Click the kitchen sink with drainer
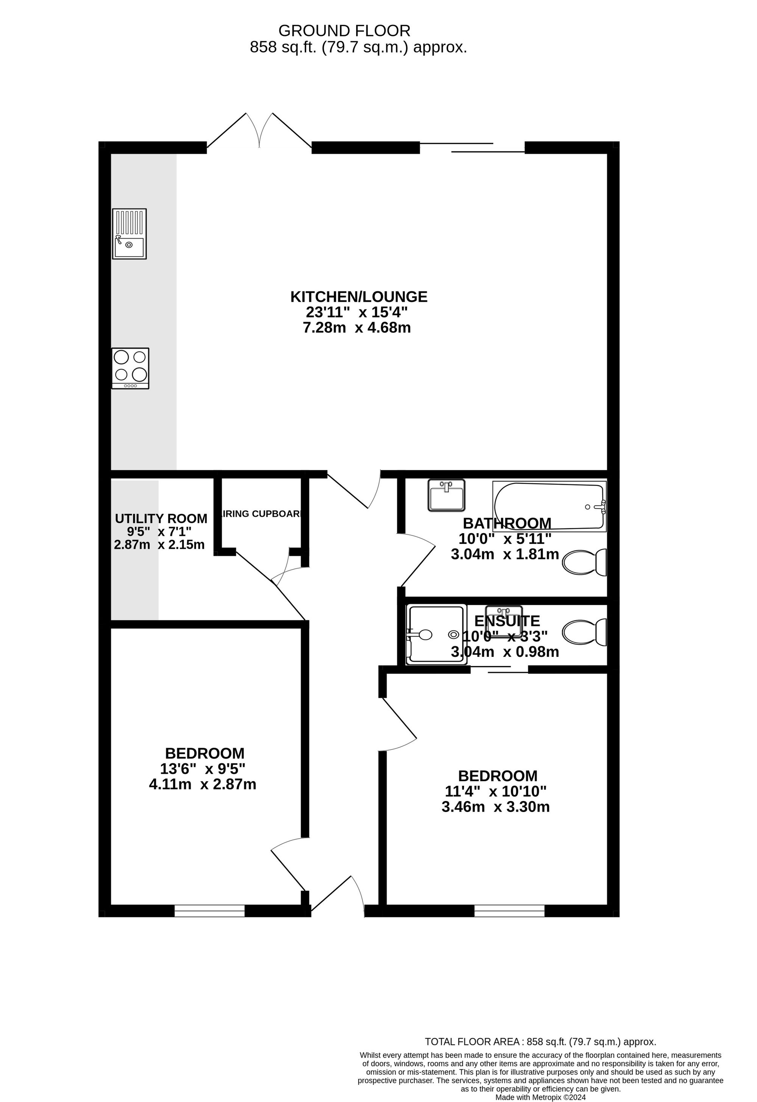pyautogui.click(x=129, y=234)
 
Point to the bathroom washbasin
pyautogui.click(x=446, y=495)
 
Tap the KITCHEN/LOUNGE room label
pyautogui.click(x=359, y=297)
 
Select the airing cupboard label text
pyautogui.click(x=262, y=514)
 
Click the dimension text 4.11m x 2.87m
pyautogui.click(x=202, y=784)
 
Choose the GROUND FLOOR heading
pyautogui.click(x=344, y=31)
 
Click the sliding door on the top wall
pyautogui.click(x=472, y=147)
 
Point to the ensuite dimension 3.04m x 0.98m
pyautogui.click(x=505, y=652)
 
